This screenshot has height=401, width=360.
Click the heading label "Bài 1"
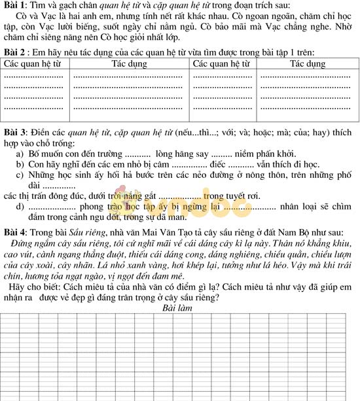15,6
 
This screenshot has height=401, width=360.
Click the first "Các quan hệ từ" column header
37,64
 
